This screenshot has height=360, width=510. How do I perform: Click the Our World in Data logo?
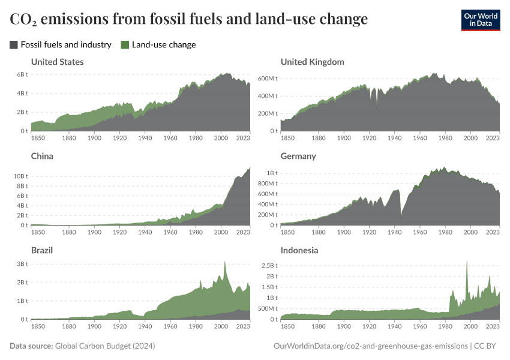pyautogui.click(x=480, y=20)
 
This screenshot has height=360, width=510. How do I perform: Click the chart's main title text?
pyautogui.click(x=188, y=19)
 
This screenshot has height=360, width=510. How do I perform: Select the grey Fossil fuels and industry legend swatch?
pyautogui.click(x=14, y=44)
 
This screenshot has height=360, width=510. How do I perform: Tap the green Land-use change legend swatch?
pyautogui.click(x=125, y=44)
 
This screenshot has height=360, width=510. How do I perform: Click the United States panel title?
pyautogui.click(x=57, y=62)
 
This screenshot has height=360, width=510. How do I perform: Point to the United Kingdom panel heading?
pyautogui.click(x=312, y=62)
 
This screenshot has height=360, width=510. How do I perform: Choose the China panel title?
pyautogui.click(x=42, y=156)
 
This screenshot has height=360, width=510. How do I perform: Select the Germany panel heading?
pyautogui.click(x=298, y=156)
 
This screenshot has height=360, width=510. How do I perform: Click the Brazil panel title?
pyautogui.click(x=42, y=250)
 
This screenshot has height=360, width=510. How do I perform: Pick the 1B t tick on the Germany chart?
pyautogui.click(x=271, y=173)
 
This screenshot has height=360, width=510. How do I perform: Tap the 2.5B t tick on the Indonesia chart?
pyautogui.click(x=268, y=264)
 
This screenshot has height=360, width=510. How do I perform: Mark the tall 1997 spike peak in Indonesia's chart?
pyautogui.click(x=467, y=262)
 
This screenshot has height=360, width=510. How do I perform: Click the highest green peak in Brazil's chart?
pyautogui.click(x=224, y=262)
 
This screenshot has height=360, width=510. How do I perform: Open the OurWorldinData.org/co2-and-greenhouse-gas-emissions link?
pyautogui.click(x=370, y=346)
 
